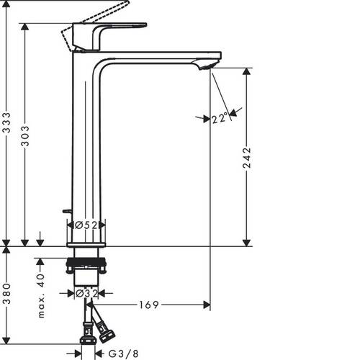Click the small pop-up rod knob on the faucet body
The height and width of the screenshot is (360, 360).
click(x=66, y=211)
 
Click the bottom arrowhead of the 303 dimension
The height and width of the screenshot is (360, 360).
click(x=27, y=242)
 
